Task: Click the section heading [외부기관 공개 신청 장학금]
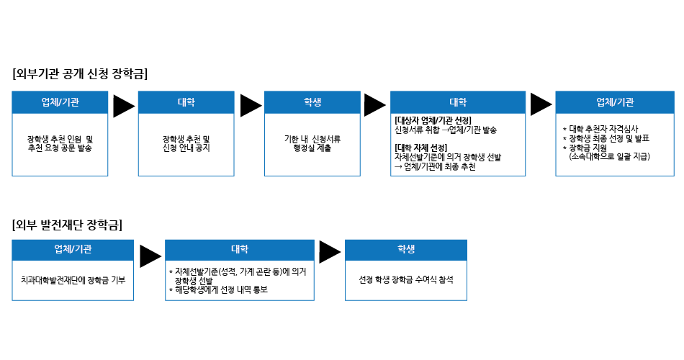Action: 80,73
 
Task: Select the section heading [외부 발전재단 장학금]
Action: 67,224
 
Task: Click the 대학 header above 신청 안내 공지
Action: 186,102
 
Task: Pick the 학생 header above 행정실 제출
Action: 312,102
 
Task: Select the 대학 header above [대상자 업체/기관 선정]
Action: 458,102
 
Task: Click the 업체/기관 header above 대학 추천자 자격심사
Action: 616,102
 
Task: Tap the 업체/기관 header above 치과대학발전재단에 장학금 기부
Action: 73,249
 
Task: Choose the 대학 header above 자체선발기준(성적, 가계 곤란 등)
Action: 240,249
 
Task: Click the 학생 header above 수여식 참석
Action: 406,249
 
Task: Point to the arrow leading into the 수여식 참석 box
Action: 329,252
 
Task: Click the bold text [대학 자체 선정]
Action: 421,148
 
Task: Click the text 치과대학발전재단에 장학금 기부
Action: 73,279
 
